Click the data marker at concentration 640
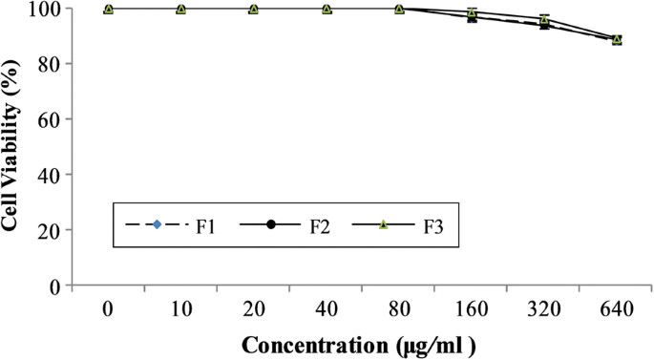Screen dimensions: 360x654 [617, 39]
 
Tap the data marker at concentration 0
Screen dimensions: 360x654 [108, 9]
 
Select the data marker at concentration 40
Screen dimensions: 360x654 [327, 9]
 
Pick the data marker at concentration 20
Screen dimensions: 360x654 [254, 9]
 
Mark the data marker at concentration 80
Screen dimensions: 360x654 [399, 9]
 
